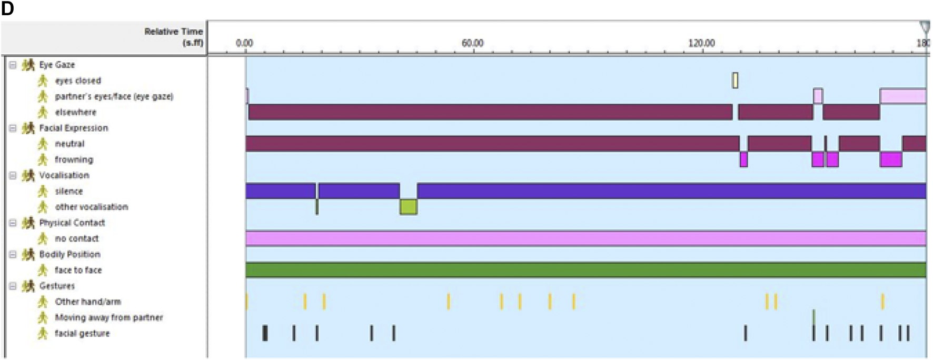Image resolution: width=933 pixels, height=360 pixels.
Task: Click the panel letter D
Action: click(7, 8)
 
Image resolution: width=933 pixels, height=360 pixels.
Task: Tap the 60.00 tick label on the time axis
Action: click(472, 43)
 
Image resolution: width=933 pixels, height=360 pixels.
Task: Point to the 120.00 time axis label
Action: click(701, 43)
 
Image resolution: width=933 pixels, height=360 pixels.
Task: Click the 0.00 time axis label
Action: click(244, 43)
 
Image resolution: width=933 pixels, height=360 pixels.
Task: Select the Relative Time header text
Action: click(173, 37)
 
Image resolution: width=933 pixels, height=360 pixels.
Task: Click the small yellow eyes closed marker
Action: click(735, 80)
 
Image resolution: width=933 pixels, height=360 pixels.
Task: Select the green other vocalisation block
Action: click(408, 207)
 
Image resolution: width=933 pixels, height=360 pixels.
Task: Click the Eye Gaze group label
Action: click(57, 65)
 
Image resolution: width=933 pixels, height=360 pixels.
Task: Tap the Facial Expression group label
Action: click(73, 128)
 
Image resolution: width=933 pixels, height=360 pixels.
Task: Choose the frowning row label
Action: click(74, 159)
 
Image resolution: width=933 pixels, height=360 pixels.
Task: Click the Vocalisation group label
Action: click(64, 175)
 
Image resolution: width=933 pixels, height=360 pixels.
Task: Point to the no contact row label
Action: click(76, 238)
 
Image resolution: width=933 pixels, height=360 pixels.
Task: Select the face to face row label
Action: click(78, 270)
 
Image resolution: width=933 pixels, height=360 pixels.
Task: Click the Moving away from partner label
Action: click(108, 317)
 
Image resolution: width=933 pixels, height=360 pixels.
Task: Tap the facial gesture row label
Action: click(82, 333)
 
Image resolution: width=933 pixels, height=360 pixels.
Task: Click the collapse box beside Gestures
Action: click(13, 286)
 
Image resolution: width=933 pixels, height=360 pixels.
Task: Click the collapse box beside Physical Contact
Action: click(13, 223)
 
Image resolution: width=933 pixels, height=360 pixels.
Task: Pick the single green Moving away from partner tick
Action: click(814, 317)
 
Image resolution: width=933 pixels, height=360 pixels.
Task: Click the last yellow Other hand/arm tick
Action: click(883, 302)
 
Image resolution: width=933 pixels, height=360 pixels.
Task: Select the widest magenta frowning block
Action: click(891, 159)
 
